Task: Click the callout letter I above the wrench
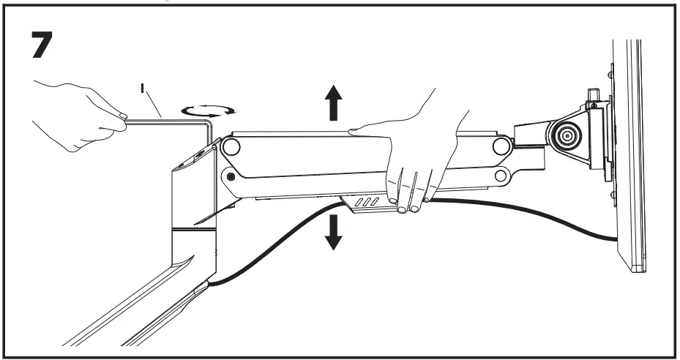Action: coord(145,91)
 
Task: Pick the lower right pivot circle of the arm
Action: coord(502,176)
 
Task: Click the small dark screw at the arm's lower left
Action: coord(231,176)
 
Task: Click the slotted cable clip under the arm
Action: coord(366,203)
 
